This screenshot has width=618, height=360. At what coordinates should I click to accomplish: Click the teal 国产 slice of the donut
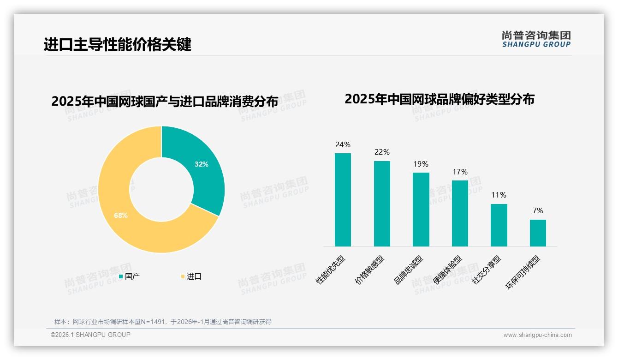point(203,171)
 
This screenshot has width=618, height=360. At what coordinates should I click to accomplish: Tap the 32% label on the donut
point(201,164)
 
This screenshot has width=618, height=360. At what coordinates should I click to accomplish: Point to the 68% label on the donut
point(121,215)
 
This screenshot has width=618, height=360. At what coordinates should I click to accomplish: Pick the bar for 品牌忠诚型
point(421,210)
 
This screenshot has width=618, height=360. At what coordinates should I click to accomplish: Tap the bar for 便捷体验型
point(460,213)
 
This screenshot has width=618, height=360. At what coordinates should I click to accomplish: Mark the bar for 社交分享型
point(499,225)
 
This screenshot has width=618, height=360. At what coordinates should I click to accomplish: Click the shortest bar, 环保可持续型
point(538,233)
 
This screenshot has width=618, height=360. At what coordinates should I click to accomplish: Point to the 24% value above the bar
point(343,144)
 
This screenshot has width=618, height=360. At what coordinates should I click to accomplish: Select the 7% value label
point(538,210)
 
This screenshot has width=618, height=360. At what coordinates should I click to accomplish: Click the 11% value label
point(499,195)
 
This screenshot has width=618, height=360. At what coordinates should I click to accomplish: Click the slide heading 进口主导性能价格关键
point(117,45)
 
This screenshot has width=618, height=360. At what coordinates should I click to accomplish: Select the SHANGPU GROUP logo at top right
point(536,39)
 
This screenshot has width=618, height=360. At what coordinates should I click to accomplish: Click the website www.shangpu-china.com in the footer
point(537,335)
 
